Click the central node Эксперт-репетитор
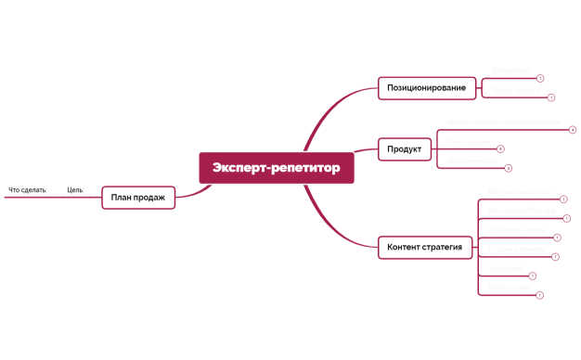click(276, 168)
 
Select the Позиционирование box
click(427, 88)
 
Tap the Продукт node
click(404, 148)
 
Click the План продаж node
click(137, 197)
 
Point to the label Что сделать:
click(27, 190)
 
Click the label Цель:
click(75, 190)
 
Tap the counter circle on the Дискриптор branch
click(540, 78)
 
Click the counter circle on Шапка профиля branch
click(551, 97)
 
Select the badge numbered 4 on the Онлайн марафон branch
click(573, 130)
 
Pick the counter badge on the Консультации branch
click(500, 148)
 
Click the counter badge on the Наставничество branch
click(509, 168)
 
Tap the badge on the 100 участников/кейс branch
click(562, 199)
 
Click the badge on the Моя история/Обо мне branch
click(566, 219)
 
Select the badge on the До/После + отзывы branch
click(556, 238)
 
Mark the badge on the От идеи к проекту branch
click(555, 256)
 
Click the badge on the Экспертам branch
click(532, 276)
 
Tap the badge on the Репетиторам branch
click(539, 295)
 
